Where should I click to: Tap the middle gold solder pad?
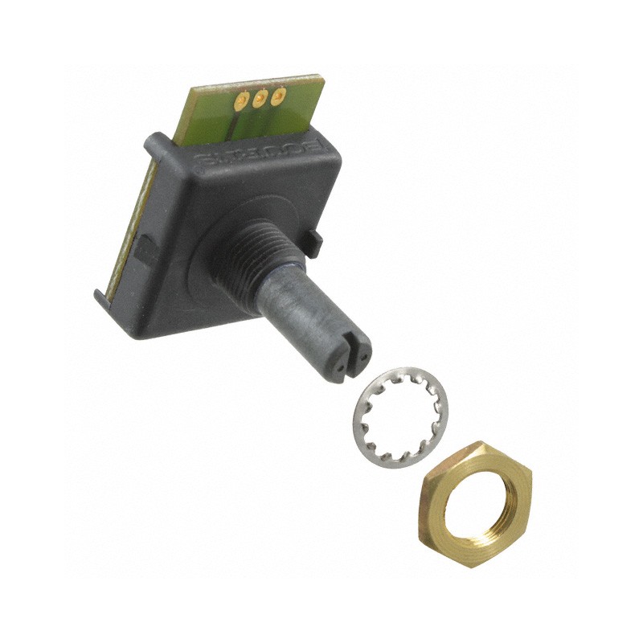259,100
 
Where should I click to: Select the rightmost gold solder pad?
278,96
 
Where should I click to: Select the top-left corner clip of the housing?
152,145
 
